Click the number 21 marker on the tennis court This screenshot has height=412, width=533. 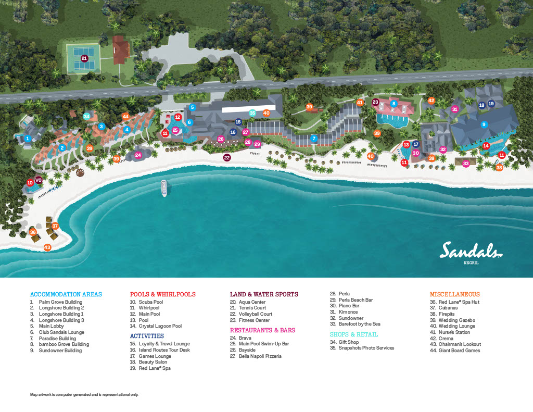click(x=84, y=58)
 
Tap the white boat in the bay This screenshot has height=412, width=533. click(x=163, y=188)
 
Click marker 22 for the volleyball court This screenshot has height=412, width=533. click(x=227, y=157)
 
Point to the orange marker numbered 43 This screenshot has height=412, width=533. click(x=47, y=247)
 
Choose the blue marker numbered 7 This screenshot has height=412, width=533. click(x=314, y=139)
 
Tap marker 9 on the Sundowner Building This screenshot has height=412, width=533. click(x=484, y=124)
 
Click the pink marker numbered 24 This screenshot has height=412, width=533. click(x=138, y=155)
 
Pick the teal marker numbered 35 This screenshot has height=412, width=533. click(x=252, y=113)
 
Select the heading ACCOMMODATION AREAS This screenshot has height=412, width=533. click(x=66, y=294)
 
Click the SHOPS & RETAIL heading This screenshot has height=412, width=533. click(x=354, y=334)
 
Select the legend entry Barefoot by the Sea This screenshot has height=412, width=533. click(x=359, y=324)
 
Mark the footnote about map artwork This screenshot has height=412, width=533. click(x=84, y=395)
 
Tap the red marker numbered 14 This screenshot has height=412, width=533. click(x=486, y=146)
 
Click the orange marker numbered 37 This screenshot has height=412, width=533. click(x=55, y=226)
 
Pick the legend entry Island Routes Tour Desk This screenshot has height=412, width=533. click(x=164, y=350)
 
